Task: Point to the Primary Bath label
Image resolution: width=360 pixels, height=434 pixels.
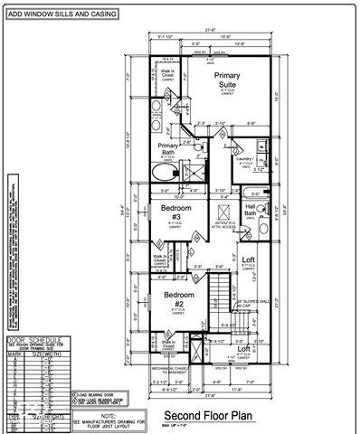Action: click(x=168, y=149)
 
